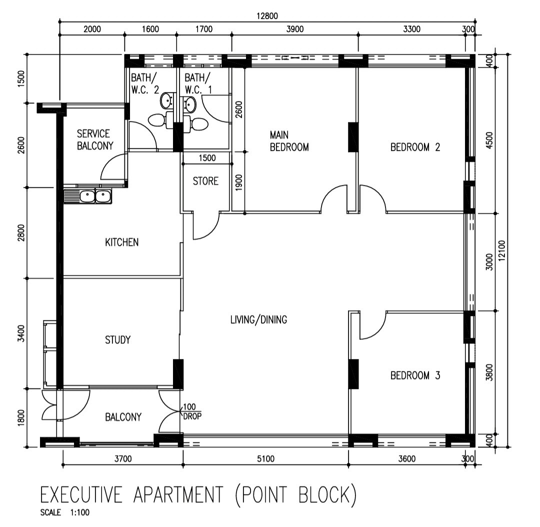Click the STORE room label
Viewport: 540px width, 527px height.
[205, 181]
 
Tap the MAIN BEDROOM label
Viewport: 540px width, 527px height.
[289, 141]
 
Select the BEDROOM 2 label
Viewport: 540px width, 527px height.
[415, 147]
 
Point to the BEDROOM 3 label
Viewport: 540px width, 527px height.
[415, 375]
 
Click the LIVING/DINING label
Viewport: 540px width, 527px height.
[258, 319]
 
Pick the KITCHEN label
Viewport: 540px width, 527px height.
[121, 242]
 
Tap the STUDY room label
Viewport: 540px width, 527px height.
[118, 340]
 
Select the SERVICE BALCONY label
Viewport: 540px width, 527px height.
[95, 139]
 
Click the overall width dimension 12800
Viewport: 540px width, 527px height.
[267, 16]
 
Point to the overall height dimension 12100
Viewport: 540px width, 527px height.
[501, 250]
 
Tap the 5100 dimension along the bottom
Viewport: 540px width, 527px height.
[265, 459]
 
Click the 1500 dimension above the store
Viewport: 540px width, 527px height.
[207, 158]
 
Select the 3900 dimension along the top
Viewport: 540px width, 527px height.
[295, 29]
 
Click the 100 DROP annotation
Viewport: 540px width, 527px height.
[192, 411]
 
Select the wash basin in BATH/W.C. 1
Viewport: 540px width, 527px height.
[189, 104]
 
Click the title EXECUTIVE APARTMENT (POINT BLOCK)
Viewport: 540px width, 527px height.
[198, 495]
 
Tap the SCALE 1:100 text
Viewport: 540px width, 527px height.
[64, 512]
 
